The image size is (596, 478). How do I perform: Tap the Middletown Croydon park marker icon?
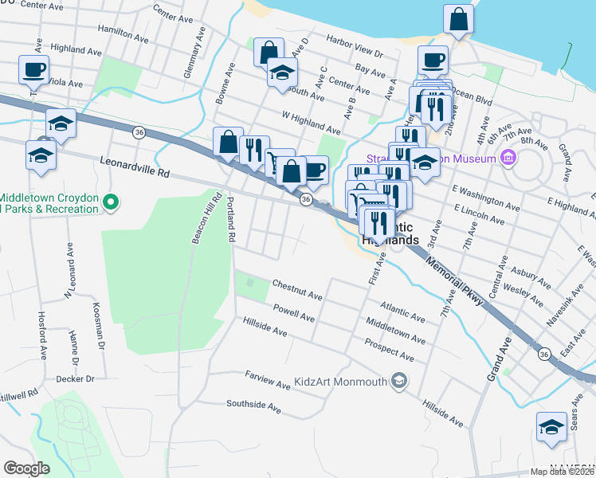(112, 204)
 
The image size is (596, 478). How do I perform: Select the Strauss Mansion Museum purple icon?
(508, 159)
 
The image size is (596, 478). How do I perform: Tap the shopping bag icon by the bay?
(459, 21)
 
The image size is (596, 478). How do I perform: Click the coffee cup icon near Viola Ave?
(33, 70)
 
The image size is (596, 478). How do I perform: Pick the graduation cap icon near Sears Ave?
(551, 426)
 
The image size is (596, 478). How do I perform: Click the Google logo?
(27, 468)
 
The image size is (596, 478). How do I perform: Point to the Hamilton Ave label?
(123, 33)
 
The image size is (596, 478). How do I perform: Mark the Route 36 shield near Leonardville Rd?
(139, 132)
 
